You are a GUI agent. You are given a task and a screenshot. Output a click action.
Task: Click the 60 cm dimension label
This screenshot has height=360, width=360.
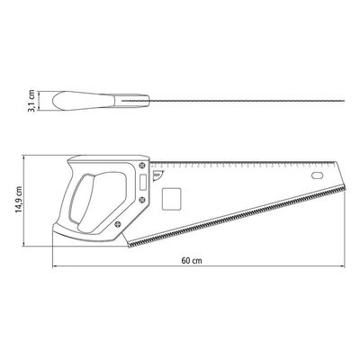tap(192, 261)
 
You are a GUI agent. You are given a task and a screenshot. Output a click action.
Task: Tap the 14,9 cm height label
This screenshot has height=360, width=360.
tap(19, 200)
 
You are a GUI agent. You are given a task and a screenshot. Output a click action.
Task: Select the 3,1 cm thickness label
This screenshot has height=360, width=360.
tap(31, 101)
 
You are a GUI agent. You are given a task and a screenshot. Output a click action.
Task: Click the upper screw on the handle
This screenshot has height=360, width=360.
tap(142, 165)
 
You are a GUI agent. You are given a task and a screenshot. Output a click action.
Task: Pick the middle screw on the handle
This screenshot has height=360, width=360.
tap(142, 199)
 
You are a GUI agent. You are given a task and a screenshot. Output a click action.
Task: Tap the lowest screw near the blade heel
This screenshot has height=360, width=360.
tap(118, 223)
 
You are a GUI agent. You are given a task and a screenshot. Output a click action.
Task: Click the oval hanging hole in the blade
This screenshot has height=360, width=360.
tap(317, 175)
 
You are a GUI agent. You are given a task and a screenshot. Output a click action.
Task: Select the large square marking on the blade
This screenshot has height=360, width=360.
tap(171, 199)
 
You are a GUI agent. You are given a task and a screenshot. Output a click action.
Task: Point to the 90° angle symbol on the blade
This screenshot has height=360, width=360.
tap(157, 176)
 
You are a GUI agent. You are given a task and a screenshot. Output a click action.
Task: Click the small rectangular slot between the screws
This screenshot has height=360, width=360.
tap(143, 182)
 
